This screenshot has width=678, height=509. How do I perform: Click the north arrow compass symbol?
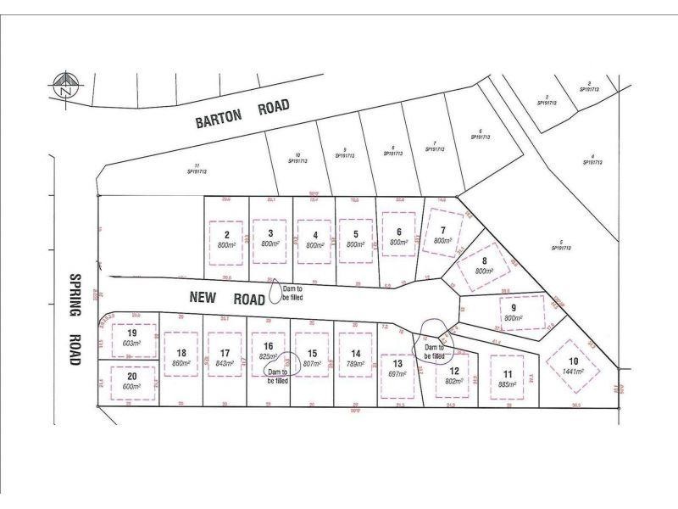point(64,85)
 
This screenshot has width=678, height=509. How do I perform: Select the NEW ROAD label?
point(217,299)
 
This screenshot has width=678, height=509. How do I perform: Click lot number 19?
point(131,333)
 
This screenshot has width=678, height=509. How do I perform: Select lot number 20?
point(131,377)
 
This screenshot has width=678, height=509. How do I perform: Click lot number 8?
point(483,261)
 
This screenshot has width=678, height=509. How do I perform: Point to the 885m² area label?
point(508,383)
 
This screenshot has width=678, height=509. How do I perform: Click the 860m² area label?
point(181,363)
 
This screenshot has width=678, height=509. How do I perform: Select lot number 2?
point(226,233)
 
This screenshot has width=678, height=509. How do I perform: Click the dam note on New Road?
point(292,294)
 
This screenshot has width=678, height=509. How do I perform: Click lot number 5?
point(356,233)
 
